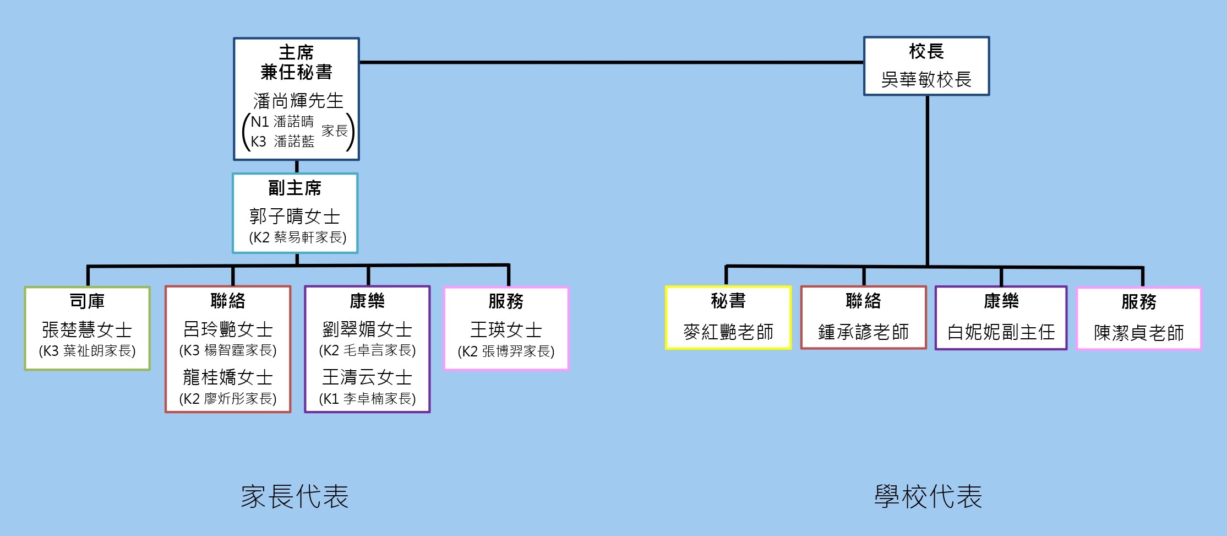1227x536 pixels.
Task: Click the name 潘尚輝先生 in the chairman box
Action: (298, 101)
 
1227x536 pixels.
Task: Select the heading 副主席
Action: (295, 188)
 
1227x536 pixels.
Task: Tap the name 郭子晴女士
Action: (295, 216)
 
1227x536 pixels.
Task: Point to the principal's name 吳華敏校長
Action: (926, 80)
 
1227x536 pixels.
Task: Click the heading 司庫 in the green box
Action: (87, 301)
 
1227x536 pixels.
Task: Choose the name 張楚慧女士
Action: (87, 330)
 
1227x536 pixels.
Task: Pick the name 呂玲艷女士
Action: (228, 329)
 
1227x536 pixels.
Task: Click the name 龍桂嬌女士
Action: (228, 377)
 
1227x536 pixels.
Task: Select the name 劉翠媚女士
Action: (367, 329)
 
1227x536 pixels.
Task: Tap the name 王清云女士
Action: (367, 377)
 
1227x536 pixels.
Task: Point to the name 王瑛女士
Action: (506, 330)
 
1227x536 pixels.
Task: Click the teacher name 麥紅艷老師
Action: (728, 332)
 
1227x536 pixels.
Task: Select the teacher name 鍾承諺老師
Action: (863, 332)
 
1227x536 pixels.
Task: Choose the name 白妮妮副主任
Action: (1001, 332)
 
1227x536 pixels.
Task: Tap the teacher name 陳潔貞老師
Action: (1138, 333)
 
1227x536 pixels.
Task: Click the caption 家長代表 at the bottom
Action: (295, 496)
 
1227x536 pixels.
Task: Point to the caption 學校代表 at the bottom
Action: (928, 496)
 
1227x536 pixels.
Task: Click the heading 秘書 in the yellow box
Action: (728, 301)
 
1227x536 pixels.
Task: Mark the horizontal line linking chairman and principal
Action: (611, 62)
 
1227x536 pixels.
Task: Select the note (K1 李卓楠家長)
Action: (367, 399)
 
